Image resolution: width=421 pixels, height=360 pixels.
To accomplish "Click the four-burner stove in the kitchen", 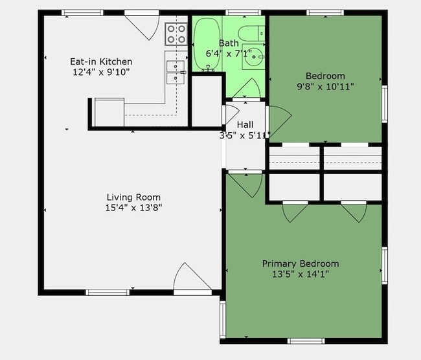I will pyautogui.click(x=175, y=34).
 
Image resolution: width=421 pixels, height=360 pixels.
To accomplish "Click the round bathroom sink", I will pyautogui.click(x=253, y=58).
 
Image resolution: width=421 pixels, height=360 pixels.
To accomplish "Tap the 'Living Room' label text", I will pyautogui.click(x=133, y=197).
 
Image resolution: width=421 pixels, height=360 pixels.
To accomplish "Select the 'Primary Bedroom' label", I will pyautogui.click(x=300, y=264).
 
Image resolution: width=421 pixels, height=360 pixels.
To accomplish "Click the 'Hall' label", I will pyautogui.click(x=245, y=124).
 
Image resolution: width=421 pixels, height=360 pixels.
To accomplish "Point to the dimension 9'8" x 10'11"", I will pyautogui.click(x=324, y=86).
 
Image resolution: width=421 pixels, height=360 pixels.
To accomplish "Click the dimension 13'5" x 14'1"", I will pyautogui.click(x=300, y=275).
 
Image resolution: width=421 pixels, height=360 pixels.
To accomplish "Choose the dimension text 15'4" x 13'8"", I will pyautogui.click(x=133, y=208).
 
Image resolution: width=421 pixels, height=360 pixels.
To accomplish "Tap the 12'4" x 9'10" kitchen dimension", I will pyautogui.click(x=101, y=73).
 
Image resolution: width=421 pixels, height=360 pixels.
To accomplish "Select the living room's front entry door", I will pyautogui.click(x=191, y=280).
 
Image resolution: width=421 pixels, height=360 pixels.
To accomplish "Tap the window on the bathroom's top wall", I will pyautogui.click(x=243, y=12).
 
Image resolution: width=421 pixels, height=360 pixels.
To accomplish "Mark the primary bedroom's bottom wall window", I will pyautogui.click(x=306, y=341).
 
